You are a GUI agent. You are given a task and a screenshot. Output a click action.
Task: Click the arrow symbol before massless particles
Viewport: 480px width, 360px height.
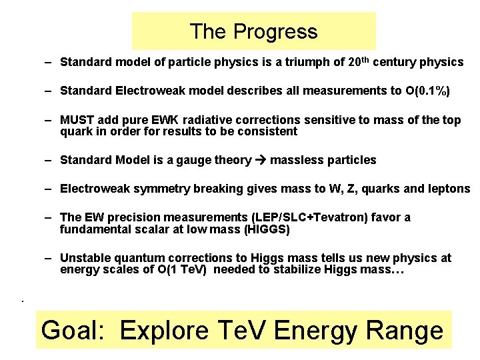tap(261, 160)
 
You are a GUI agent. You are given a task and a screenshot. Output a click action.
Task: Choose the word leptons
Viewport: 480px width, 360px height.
tap(447, 189)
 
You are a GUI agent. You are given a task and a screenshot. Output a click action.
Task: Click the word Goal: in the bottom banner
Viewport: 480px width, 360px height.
tap(75, 330)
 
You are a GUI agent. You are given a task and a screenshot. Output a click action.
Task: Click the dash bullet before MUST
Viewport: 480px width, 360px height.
tap(49, 121)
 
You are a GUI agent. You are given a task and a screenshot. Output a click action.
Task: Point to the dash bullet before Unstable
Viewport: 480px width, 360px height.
tap(49, 257)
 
